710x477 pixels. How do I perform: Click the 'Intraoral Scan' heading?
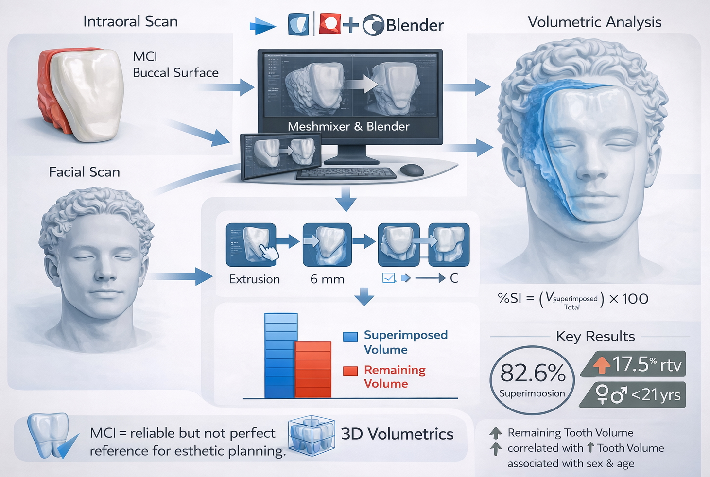point(130,21)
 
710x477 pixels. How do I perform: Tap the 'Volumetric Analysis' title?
point(594,22)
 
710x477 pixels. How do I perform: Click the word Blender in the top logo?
point(415,25)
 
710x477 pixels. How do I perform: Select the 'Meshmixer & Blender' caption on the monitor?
point(348,126)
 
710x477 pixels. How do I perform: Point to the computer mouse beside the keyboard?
point(412,170)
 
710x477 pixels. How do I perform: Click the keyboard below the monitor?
point(346,173)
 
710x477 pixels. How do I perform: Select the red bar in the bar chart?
point(313,370)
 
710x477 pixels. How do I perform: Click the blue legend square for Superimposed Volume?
point(350,337)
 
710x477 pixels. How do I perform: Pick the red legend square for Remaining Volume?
point(350,371)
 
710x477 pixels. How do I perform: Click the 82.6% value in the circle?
point(533,373)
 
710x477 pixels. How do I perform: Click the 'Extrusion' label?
point(254,279)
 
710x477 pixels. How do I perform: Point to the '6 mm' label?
point(327,279)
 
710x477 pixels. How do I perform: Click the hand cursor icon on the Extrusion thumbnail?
point(268,253)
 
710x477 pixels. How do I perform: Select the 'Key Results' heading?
point(595,336)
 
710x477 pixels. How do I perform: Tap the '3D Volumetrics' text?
point(397,434)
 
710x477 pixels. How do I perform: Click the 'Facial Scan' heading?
point(84,172)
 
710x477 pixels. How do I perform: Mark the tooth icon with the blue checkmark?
point(50,436)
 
